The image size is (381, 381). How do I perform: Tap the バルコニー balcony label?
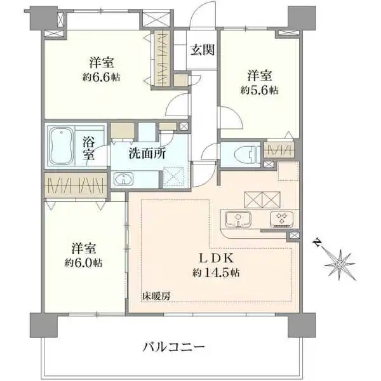click(x=173, y=347)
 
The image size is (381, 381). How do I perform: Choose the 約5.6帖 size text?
click(x=259, y=90)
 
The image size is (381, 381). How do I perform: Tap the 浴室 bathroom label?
click(x=88, y=147)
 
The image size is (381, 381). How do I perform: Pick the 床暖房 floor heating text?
click(x=156, y=296)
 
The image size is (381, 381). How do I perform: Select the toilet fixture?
click(x=244, y=153)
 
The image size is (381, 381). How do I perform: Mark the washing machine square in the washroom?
click(x=173, y=175)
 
